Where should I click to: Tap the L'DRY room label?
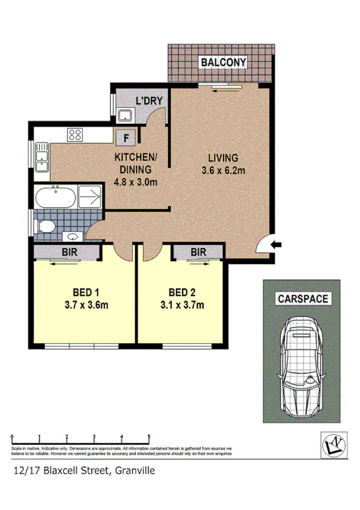coord(147,100)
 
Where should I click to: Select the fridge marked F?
coord(126,137)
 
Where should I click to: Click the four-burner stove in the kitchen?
coord(75,135)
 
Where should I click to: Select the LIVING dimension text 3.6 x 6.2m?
coord(224,171)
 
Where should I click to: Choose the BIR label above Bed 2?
coord(199,253)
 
